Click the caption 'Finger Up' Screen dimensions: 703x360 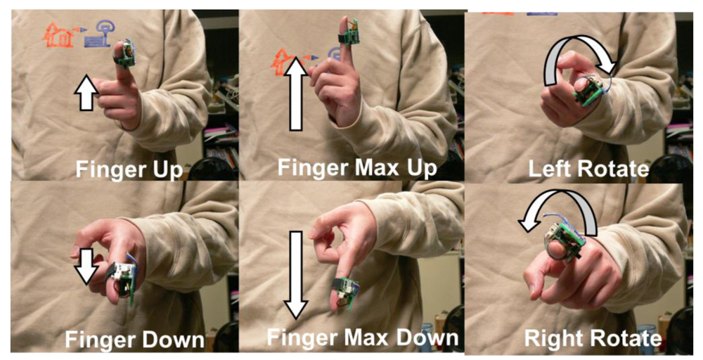pos(129,169)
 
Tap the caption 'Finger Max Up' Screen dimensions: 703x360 pos(357,167)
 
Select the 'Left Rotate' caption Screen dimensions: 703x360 pos(588,169)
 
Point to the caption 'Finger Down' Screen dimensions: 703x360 pos(134,340)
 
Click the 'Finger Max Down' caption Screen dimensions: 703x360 pos(362,337)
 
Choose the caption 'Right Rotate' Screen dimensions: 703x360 pos(593,339)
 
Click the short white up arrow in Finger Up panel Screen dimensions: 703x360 pos(86,94)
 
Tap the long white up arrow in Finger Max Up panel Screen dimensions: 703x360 pos(295,93)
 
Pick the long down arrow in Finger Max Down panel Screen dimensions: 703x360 pos(295,275)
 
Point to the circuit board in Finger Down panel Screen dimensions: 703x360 pos(122,278)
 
